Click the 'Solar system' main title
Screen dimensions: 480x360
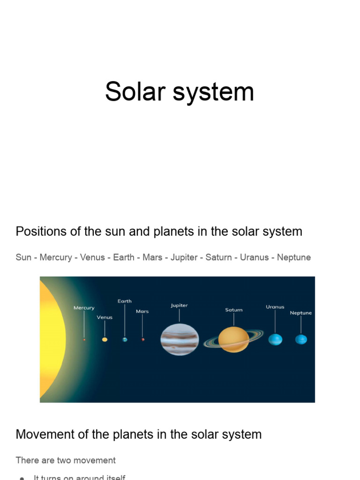tap(180, 91)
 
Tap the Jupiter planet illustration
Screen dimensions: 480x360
tap(180, 339)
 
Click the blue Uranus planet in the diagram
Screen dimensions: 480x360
tap(275, 339)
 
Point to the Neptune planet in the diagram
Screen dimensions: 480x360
tap(301, 339)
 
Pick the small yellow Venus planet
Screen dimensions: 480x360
tap(105, 339)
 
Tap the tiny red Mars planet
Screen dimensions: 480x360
tap(142, 339)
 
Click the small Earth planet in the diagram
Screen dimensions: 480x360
tap(125, 339)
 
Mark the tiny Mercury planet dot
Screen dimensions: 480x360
tap(84, 339)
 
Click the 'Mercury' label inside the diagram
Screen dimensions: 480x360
tap(84, 308)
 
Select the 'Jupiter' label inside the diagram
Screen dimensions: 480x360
tap(179, 305)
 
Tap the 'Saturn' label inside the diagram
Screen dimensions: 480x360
tap(233, 310)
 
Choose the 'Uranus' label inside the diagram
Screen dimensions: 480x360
tap(275, 307)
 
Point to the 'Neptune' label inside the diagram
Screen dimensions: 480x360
tap(301, 313)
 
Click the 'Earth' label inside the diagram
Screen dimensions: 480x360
tap(125, 301)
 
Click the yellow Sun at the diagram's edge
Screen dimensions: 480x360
tap(51, 339)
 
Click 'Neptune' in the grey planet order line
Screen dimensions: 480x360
tap(294, 257)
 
